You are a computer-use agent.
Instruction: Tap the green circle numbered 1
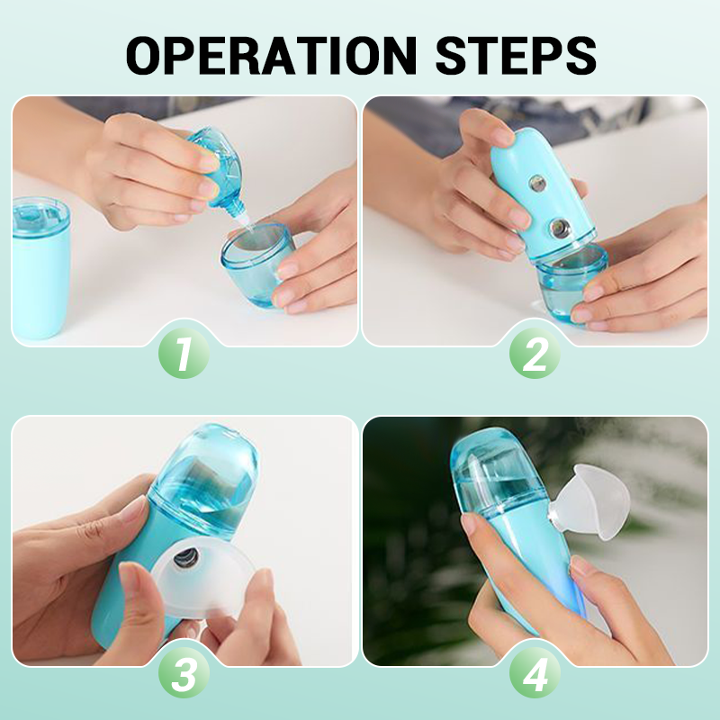(x=184, y=355)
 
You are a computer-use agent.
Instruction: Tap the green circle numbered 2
(x=535, y=355)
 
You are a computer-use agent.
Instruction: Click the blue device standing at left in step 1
(x=40, y=270)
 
